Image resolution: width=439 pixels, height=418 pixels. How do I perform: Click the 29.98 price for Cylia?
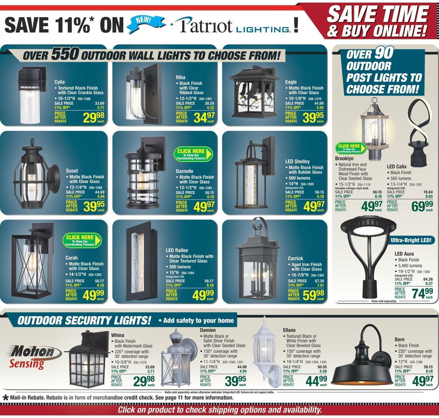point(94,118)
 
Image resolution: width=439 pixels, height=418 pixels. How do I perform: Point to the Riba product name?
point(181,77)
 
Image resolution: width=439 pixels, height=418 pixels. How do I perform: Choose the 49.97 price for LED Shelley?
point(314,206)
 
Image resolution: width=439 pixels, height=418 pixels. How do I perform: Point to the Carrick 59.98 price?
point(314,295)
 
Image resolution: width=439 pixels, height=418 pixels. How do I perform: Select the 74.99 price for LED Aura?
point(422,293)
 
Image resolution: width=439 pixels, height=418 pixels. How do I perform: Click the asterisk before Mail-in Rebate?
point(5,398)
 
